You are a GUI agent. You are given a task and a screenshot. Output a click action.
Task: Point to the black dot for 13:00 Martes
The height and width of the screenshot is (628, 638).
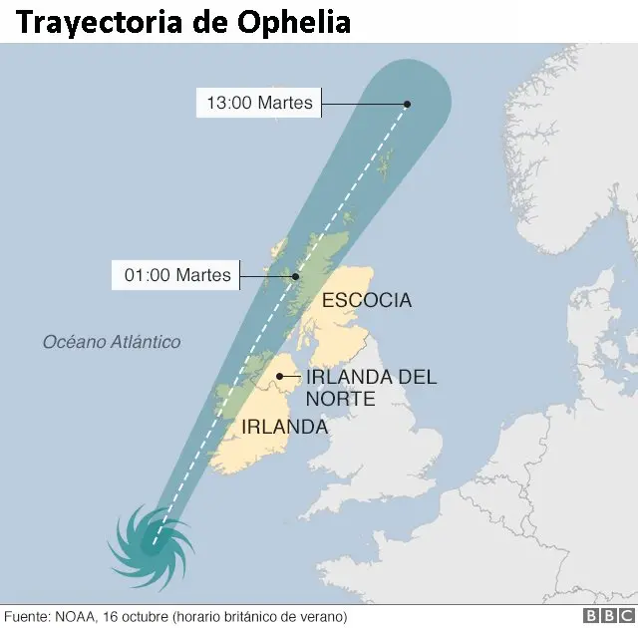[407, 104]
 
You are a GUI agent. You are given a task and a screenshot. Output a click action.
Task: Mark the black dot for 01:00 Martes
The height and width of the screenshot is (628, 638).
[295, 276]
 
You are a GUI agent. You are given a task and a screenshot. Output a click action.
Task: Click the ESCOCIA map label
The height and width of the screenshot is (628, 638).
[366, 300]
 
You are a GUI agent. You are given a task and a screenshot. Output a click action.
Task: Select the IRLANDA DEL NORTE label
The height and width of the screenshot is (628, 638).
[371, 388]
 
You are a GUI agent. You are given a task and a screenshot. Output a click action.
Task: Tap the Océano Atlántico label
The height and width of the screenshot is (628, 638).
[112, 342]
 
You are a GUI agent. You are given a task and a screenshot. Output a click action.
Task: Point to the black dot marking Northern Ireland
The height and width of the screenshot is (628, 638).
[280, 377]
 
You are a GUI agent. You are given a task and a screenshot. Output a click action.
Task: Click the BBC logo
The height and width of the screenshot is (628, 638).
[605, 617]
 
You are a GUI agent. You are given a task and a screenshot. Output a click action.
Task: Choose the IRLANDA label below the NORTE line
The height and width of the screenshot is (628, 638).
[284, 427]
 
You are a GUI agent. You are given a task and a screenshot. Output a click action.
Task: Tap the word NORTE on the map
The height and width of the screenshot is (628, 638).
[340, 399]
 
